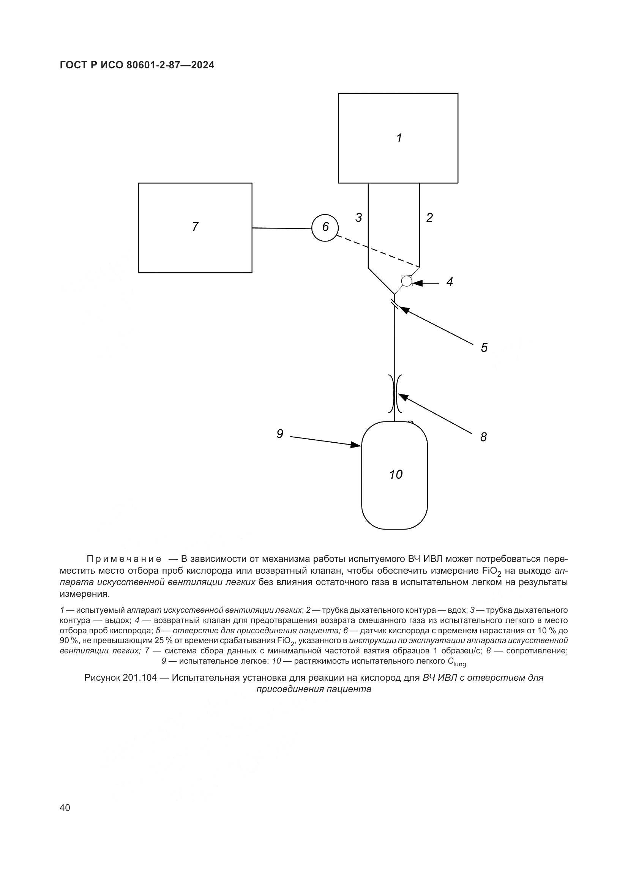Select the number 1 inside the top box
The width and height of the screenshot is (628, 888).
pos(399,138)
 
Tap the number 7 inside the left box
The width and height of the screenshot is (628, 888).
pos(195,227)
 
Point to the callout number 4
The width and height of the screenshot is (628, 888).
pos(449,282)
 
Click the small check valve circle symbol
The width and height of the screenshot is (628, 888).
pos(406,281)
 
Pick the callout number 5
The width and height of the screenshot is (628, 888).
pos(484,347)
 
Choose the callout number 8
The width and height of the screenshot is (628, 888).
pos(483,437)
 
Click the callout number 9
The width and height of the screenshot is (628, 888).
pos(280,434)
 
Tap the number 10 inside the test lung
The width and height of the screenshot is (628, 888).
pos(396,474)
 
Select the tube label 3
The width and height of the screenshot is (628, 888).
pos(359,218)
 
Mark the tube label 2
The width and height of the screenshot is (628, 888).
pos(429,218)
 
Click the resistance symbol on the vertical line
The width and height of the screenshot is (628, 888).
pos(395,393)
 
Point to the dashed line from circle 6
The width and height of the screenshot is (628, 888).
pos(378,251)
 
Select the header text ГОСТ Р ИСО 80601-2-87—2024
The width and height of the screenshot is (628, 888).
pos(137,65)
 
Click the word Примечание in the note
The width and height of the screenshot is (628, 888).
pos(124,559)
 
